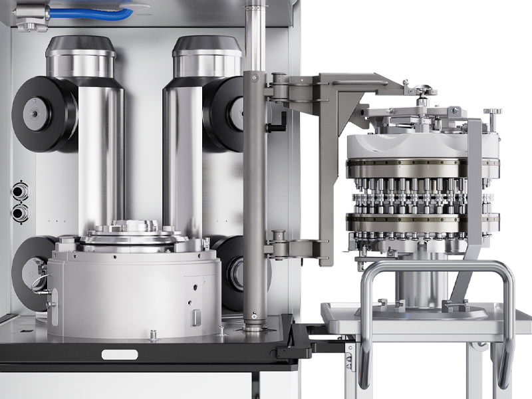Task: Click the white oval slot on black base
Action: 120,354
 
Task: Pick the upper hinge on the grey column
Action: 278,84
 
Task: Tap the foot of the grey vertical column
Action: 255,326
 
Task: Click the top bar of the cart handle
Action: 436,266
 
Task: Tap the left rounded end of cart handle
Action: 365,372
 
